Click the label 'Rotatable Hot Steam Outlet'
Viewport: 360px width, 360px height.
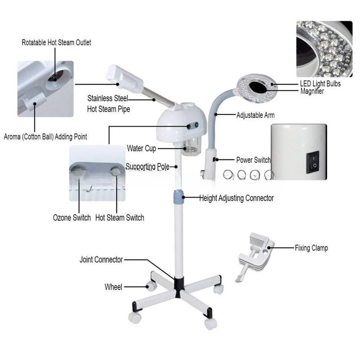[x=56, y=42]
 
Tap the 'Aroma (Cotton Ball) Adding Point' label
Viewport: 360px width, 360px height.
[x=45, y=137]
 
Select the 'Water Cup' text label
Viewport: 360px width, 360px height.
[x=141, y=149]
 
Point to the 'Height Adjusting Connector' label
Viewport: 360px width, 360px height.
[x=237, y=198]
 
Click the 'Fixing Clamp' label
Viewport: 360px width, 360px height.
[x=311, y=248]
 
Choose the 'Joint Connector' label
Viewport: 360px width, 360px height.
[x=101, y=260]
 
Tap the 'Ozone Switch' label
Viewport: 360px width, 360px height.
[x=72, y=218]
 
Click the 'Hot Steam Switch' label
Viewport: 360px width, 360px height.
[x=120, y=218]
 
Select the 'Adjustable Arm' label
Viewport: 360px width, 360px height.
[x=256, y=115]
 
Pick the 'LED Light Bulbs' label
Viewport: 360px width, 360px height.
[x=320, y=84]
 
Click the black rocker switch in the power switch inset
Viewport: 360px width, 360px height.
[x=313, y=162]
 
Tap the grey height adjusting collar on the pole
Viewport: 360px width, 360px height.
[x=179, y=197]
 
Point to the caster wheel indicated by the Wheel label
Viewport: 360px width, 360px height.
[x=151, y=286]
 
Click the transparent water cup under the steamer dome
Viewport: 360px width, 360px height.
[x=190, y=147]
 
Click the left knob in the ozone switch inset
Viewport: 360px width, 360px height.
[x=78, y=171]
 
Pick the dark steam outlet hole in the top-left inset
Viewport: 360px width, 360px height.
[x=55, y=76]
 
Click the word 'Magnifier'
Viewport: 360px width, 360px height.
[x=312, y=91]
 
